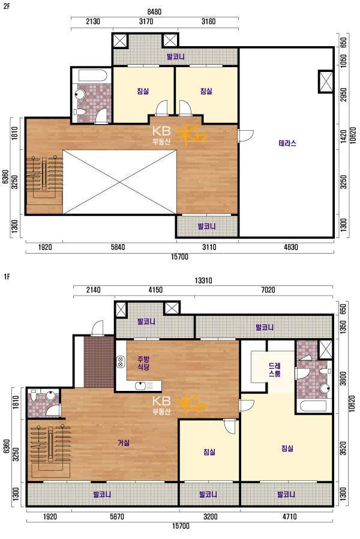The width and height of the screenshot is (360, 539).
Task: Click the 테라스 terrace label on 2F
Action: point(287,143)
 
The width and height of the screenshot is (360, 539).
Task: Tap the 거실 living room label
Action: point(124,442)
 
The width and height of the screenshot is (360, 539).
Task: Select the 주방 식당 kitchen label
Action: point(143,363)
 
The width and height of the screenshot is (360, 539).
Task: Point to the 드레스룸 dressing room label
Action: point(274,370)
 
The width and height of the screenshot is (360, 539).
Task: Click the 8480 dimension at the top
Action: point(154,11)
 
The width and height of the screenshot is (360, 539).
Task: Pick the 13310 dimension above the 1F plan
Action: point(203,281)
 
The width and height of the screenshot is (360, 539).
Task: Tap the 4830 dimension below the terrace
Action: point(291,247)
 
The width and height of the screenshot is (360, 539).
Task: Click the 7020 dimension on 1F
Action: point(268,290)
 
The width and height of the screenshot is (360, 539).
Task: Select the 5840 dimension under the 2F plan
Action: point(118,247)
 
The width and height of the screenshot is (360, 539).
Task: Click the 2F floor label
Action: point(7,6)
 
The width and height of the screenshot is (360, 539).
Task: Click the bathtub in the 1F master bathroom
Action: point(313,406)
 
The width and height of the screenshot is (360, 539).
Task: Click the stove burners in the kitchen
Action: point(121,362)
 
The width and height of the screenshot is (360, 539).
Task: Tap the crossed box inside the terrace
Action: point(326,81)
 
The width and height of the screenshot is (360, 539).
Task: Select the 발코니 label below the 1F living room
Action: point(102,495)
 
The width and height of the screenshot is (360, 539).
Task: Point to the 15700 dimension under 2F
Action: point(179,257)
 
